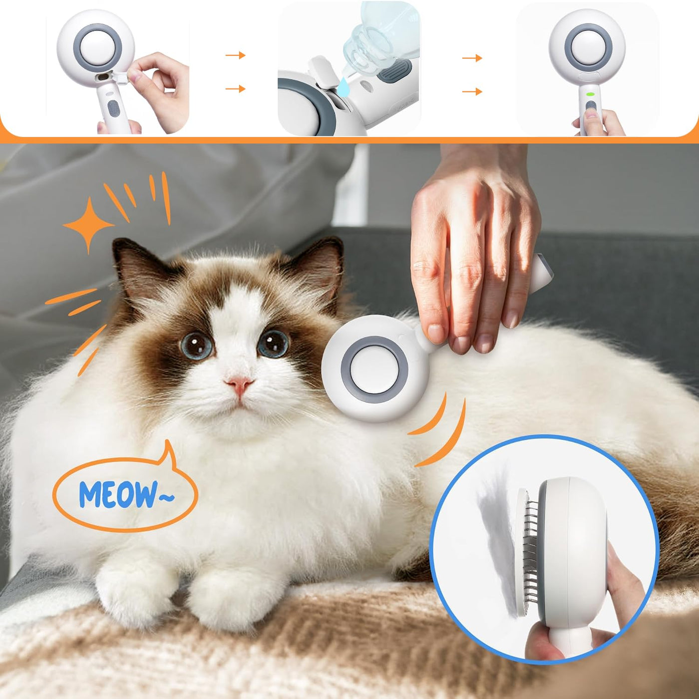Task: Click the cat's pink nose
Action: [240, 384]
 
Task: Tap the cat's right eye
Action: [273, 344]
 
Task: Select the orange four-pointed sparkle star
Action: [88, 225]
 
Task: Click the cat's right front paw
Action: [232, 595]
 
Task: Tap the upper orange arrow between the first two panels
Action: [236, 55]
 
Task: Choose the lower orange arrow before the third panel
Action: [472, 92]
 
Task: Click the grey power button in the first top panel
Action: [114, 108]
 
